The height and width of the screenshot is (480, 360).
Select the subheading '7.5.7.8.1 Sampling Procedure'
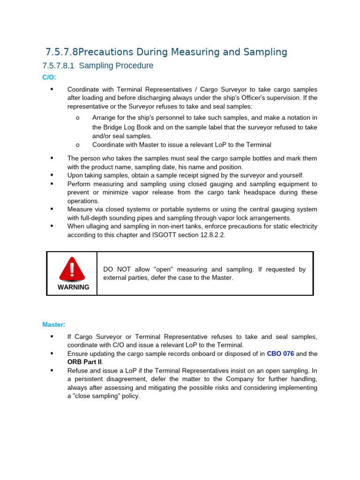point(97,66)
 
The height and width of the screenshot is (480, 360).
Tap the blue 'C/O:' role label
point(49,77)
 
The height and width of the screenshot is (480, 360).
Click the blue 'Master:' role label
point(54,324)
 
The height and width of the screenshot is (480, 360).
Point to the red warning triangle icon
point(72,269)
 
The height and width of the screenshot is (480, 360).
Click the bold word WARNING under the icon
point(73,287)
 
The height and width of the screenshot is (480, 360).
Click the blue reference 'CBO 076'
point(280,353)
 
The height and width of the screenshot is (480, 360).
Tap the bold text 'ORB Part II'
point(84,362)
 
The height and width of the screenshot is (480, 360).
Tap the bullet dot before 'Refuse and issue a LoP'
point(52,370)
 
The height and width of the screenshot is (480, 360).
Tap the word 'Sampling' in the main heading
point(266,52)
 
